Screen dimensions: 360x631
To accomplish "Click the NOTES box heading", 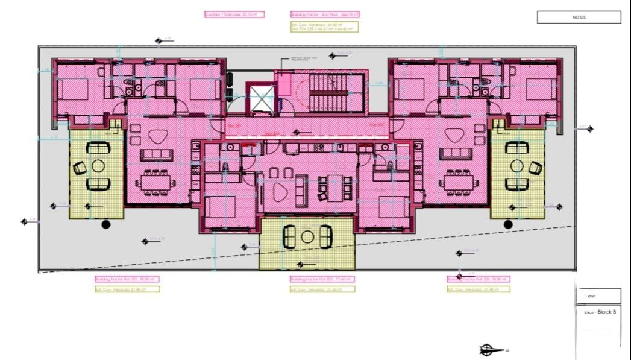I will tap(579, 17).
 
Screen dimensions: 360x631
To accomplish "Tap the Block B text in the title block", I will tap(605, 312).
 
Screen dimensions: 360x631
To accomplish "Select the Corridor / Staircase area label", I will tap(234, 14).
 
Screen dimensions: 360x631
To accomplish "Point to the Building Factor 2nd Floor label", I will tap(324, 14).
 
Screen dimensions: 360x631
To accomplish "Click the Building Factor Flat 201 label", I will tap(127, 279).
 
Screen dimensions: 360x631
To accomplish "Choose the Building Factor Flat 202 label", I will tap(322, 279).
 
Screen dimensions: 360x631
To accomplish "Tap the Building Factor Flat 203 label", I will tap(478, 279).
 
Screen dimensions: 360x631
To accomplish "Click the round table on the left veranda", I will tap(98, 165).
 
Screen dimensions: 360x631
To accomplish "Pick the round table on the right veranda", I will tap(516, 165).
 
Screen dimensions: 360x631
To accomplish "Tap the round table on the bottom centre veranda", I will tap(307, 236).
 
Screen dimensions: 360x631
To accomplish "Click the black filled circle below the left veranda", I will tap(106, 224).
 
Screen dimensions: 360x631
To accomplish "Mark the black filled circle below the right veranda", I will tap(508, 224).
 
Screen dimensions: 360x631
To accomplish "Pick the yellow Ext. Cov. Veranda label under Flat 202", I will tap(322, 289).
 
